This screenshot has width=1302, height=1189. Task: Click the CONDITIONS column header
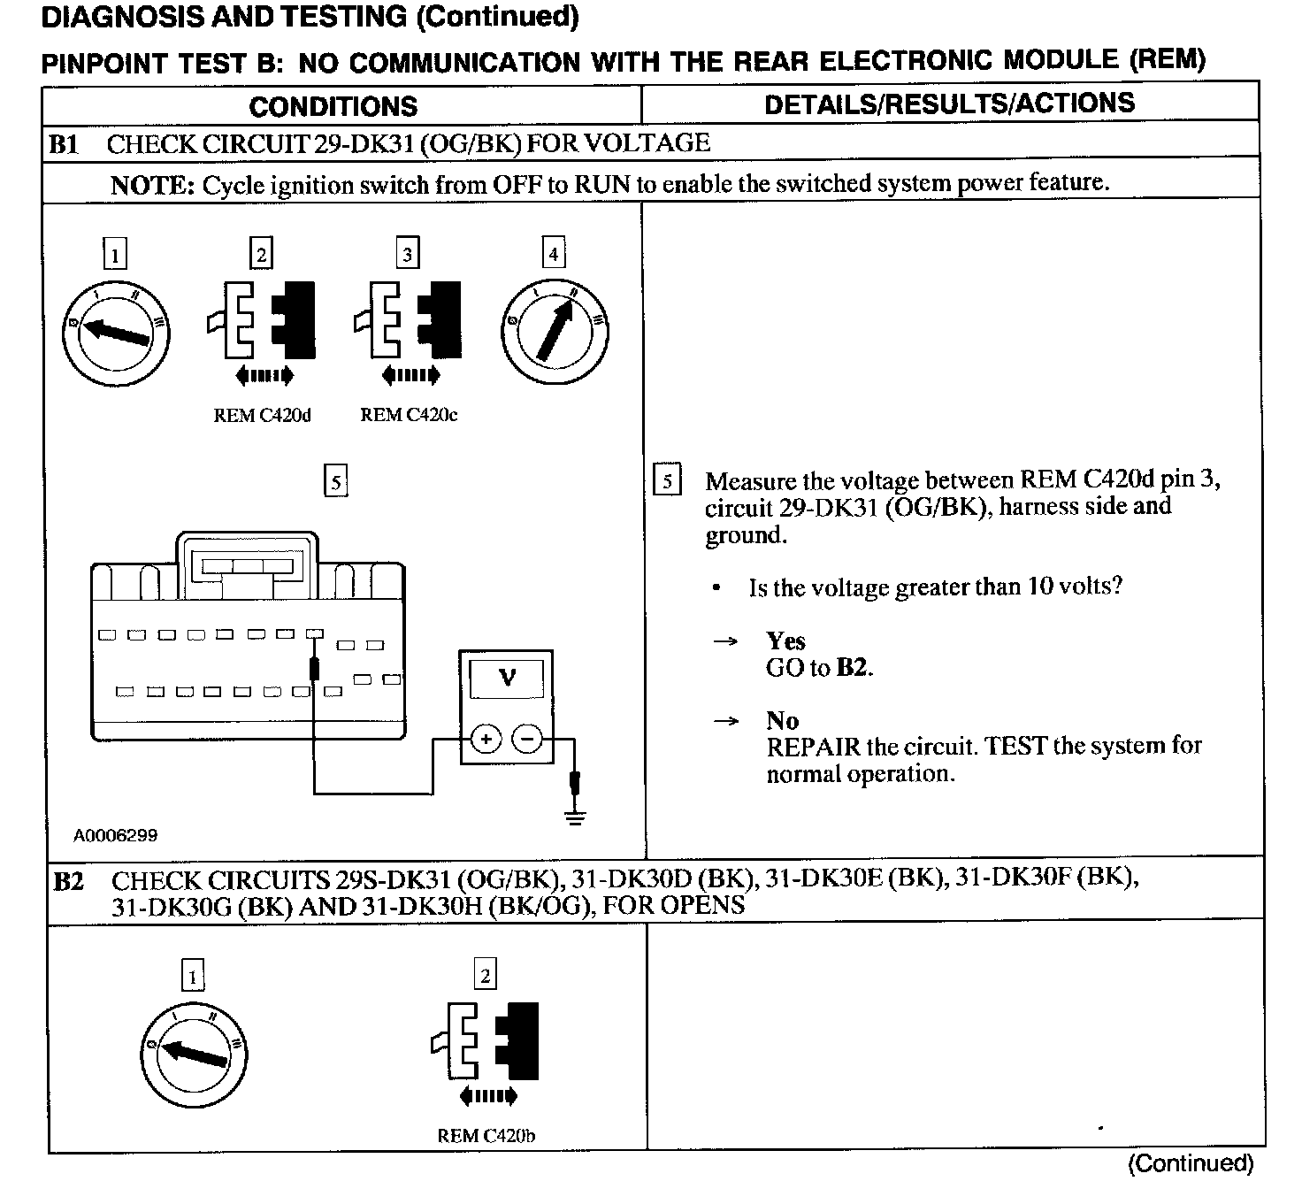point(333,106)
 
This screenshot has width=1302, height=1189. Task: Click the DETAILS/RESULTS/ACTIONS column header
point(949,104)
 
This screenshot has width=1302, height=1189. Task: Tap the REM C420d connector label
point(262,415)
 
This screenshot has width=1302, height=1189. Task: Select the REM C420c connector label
point(409,415)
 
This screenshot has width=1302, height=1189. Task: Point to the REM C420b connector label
point(486,1136)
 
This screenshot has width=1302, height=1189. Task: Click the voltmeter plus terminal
point(485,738)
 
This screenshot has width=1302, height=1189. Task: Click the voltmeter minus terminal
point(528,738)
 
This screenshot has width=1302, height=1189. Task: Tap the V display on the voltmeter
point(507,679)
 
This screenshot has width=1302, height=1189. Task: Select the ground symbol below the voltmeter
point(576,815)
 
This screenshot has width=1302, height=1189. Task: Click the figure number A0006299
point(115,835)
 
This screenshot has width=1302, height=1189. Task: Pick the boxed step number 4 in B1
point(553,254)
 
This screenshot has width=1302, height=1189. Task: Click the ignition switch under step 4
point(555,332)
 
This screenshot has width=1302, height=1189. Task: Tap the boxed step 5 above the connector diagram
point(335,482)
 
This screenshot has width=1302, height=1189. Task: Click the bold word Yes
point(785,641)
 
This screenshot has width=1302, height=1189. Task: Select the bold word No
point(782,720)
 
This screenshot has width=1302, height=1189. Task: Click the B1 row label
point(63,144)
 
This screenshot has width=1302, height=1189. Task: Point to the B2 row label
point(68,881)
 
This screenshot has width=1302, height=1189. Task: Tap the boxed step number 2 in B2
point(485,976)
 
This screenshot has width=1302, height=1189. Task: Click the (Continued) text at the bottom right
point(1191,1163)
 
